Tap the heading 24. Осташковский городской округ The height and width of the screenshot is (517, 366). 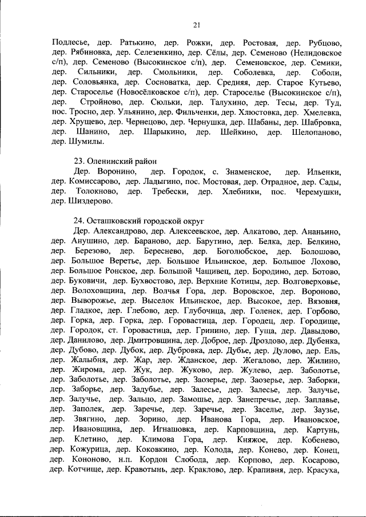(138, 221)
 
